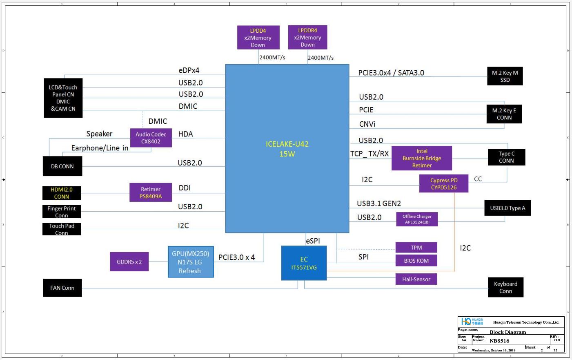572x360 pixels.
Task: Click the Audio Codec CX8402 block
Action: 151,138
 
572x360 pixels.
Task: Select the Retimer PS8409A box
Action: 151,192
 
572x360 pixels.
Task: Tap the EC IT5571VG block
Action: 304,263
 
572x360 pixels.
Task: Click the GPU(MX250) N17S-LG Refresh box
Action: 191,262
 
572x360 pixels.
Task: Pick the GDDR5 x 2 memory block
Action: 129,262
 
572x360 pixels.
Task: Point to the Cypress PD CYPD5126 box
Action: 444,183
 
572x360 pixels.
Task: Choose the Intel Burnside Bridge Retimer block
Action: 422,158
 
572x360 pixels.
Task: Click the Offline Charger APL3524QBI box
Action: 417,219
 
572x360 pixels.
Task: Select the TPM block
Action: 416,247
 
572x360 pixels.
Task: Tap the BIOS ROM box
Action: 416,260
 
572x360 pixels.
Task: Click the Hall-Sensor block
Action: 416,279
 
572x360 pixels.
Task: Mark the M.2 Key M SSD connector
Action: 505,76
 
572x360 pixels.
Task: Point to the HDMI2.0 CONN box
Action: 62,193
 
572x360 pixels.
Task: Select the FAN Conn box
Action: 62,288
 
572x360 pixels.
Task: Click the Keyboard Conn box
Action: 505,287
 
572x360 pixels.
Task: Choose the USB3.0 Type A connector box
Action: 507,208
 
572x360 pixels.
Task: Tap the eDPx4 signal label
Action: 189,70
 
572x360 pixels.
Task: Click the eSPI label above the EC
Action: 313,241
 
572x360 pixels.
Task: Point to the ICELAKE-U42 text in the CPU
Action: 287,144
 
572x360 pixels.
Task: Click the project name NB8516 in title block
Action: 499,341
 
